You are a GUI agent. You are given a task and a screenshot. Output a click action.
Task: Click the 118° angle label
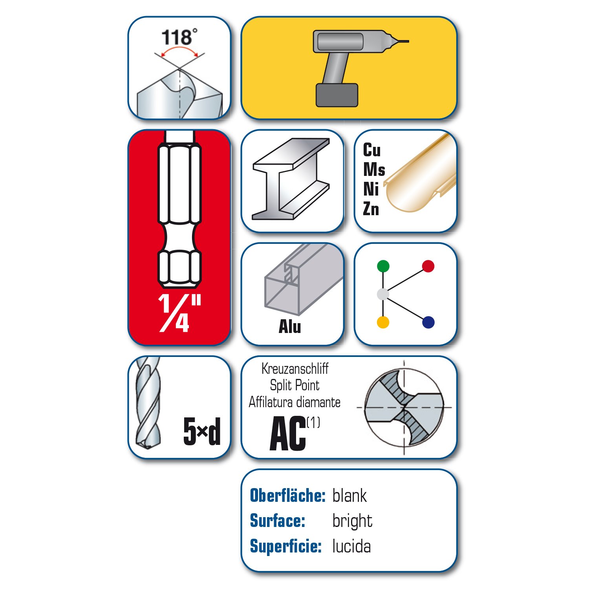pyautogui.click(x=179, y=37)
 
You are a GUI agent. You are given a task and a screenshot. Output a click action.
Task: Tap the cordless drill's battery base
pyautogui.click(x=337, y=95)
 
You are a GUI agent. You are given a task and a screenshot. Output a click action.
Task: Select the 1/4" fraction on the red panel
pyautogui.click(x=180, y=313)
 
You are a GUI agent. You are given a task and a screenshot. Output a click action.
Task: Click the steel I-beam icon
pyautogui.click(x=291, y=179)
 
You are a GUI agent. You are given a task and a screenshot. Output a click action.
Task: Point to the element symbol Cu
pyautogui.click(x=371, y=150)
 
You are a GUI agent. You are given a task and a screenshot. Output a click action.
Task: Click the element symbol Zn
pyautogui.click(x=371, y=209)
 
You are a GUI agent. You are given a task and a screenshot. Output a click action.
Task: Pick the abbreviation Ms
pyautogui.click(x=374, y=169)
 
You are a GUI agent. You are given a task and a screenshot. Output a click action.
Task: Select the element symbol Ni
pyautogui.click(x=371, y=189)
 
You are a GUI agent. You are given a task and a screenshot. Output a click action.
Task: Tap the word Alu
pyautogui.click(x=290, y=326)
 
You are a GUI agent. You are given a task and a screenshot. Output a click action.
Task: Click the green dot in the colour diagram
pyautogui.click(x=383, y=266)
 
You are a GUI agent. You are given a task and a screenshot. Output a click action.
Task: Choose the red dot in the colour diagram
pyautogui.click(x=428, y=266)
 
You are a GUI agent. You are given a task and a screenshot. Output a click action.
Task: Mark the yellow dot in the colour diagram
pyautogui.click(x=383, y=322)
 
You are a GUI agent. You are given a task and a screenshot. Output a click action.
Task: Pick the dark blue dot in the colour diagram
pyautogui.click(x=428, y=322)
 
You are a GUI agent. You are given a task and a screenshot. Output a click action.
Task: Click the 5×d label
pyautogui.click(x=202, y=431)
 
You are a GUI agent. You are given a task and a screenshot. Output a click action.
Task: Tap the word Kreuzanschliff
pyautogui.click(x=295, y=369)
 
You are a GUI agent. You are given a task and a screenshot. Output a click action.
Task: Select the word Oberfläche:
pyautogui.click(x=288, y=496)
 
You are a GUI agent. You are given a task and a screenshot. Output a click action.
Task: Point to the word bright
pyautogui.click(x=352, y=521)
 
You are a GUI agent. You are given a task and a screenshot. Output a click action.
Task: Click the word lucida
pyautogui.click(x=351, y=546)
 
